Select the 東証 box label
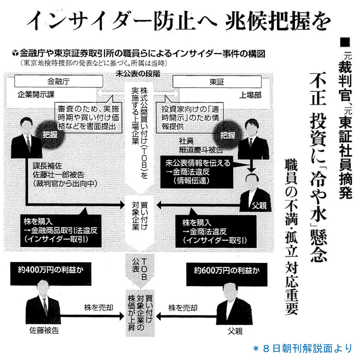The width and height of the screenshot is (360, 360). tap(217, 82)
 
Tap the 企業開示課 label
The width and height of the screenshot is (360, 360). tap(36, 94)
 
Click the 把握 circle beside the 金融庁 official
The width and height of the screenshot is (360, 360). tap(50, 135)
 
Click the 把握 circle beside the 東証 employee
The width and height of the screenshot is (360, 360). tap(228, 135)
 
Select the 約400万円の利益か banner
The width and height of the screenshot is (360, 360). tap(46, 270)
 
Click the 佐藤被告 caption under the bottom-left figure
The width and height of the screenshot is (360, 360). tap(44, 331)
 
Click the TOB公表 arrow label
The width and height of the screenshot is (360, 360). tap(139, 268)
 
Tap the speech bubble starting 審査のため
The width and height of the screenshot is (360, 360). tap(88, 117)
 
